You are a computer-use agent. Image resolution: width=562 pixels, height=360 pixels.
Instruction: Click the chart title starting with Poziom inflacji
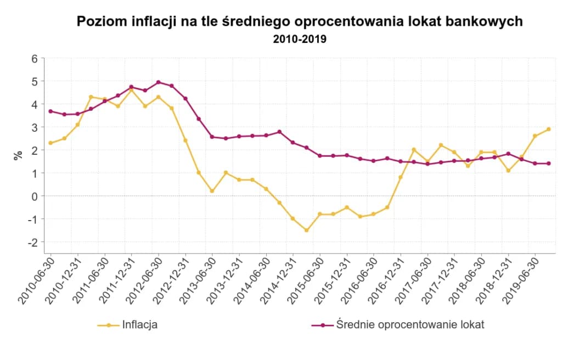pos(300,22)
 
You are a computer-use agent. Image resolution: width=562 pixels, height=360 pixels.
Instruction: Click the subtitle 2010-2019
pos(300,40)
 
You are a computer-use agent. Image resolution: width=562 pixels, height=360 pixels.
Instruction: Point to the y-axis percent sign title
pos(19,155)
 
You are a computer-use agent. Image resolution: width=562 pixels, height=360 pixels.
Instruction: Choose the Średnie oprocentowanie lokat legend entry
pos(398,325)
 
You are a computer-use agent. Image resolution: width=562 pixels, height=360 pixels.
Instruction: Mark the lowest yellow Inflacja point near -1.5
pos(306,230)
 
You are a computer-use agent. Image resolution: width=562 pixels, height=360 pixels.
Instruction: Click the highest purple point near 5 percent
pos(159,82)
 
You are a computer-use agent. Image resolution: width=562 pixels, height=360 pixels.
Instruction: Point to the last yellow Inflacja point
pos(548,129)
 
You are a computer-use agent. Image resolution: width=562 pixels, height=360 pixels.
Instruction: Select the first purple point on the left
pos(50,111)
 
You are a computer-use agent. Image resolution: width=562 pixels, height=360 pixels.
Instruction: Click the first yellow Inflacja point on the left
pos(50,143)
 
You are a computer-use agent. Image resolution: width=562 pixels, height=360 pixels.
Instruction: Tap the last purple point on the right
pos(548,164)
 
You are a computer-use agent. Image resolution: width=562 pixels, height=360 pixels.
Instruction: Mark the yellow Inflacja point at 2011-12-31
pos(131,90)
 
